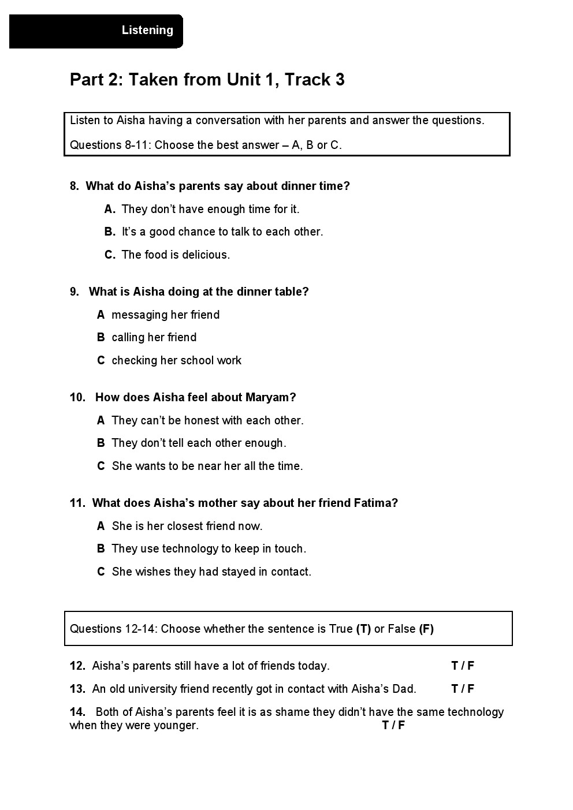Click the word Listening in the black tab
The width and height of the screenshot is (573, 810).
tap(147, 31)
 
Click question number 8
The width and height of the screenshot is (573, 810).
tap(74, 186)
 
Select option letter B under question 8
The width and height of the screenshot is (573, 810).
tap(110, 232)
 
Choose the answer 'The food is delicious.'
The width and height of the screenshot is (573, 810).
tap(176, 255)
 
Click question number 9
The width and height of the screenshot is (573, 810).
tap(74, 292)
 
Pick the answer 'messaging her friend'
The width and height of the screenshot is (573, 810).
tap(165, 315)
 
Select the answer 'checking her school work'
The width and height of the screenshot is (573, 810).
tap(176, 360)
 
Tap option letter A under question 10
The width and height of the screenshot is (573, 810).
tap(101, 420)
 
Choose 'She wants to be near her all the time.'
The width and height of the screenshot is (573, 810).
tap(207, 466)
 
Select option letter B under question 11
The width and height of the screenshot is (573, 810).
tap(101, 548)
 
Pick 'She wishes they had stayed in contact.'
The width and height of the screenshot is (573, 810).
tap(211, 572)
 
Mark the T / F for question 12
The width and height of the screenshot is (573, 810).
tap(463, 666)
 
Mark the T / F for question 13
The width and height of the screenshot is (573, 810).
tap(463, 689)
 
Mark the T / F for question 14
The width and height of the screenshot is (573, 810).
tap(393, 725)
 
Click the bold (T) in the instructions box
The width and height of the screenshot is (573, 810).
tap(363, 629)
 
